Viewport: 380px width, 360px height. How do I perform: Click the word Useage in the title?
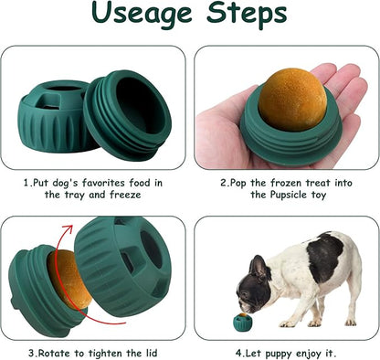pos(142,14)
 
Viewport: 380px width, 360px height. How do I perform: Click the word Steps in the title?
pos(247,14)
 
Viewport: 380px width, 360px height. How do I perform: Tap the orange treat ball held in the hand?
pos(292,100)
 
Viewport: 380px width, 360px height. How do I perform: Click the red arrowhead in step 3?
pos(68,229)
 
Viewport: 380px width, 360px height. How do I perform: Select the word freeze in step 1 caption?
pos(125,195)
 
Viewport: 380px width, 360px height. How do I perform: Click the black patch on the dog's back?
pos(324,257)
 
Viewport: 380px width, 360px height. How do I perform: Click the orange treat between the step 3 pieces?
pos(69,280)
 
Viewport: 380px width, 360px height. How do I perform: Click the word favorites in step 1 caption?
pos(103,183)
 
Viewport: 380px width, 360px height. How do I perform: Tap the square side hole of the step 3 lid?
pos(128,259)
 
